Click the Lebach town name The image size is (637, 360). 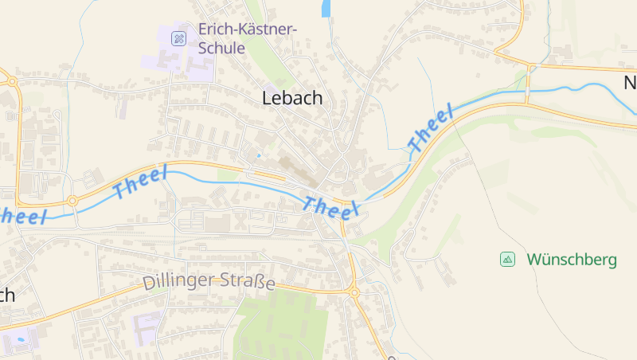coord(292,98)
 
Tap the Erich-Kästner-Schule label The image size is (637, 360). coord(247,38)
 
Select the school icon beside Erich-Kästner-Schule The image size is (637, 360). coord(179,37)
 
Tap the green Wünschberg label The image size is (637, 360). coord(572,260)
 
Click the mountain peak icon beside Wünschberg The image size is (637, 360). coord(507,259)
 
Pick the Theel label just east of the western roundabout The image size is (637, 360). coord(140,182)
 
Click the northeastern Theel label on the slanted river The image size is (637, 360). coord(430,128)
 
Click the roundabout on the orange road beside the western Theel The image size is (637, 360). coord(72,202)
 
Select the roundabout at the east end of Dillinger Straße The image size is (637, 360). coord(354,292)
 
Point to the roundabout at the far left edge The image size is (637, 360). coord(10,80)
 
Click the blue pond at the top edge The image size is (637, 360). coord(325,9)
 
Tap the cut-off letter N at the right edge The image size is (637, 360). coord(629,83)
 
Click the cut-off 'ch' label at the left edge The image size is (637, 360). coord(6,295)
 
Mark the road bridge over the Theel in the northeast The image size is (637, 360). coord(526,89)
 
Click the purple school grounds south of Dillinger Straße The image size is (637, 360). coord(148,326)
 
